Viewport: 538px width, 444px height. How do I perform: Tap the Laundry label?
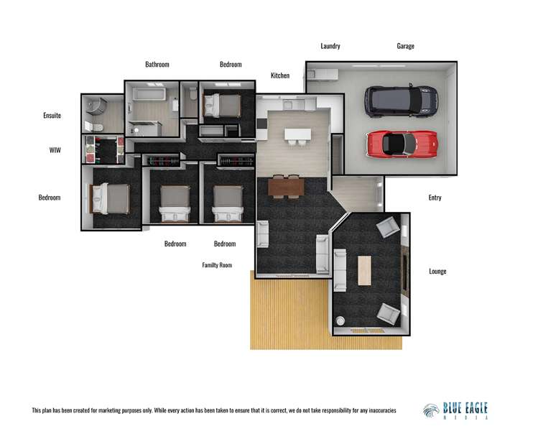[x=330, y=46]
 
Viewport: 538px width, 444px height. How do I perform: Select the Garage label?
[x=405, y=46]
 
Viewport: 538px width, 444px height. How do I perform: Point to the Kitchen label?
[x=280, y=75]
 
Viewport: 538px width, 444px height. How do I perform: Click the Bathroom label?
[x=157, y=65]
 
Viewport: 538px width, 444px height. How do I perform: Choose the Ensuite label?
[x=52, y=115]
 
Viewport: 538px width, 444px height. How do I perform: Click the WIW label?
[x=55, y=150]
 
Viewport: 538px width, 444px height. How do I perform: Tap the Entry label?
[x=435, y=198]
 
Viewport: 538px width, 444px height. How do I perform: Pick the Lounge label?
[x=437, y=272]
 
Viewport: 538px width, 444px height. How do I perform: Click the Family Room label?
[x=217, y=265]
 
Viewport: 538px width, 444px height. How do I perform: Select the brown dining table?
[x=286, y=186]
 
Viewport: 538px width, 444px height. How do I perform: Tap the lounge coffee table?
[x=364, y=270]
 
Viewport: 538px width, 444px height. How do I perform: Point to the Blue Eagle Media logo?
[x=456, y=410]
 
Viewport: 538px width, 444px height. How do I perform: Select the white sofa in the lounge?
[x=340, y=269]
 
